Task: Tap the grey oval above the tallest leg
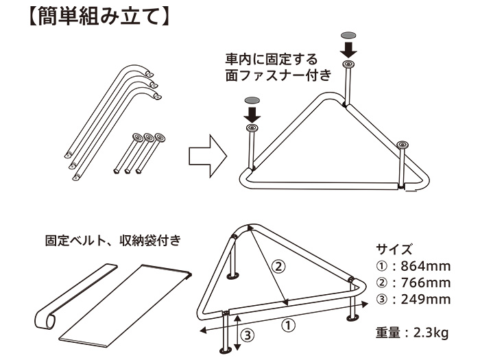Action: click(349, 34)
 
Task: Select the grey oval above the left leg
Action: click(251, 100)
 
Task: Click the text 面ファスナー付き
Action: click(278, 76)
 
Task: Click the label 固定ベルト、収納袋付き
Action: click(113, 241)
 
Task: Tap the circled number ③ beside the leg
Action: click(249, 335)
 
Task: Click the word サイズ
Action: click(394, 249)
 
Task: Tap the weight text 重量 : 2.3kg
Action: click(411, 333)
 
